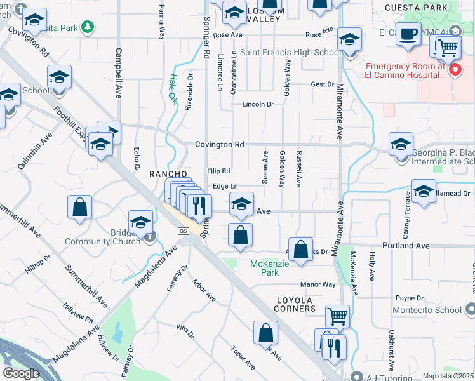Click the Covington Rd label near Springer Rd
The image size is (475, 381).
tap(220, 145)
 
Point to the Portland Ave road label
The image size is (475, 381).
tap(407, 246)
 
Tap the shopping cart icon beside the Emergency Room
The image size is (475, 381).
tap(448, 46)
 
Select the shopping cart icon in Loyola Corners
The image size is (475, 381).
tap(337, 316)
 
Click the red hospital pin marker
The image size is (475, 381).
tap(455, 70)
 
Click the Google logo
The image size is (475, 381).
tap(21, 373)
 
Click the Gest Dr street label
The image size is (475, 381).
tap(322, 84)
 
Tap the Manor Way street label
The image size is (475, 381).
tap(318, 285)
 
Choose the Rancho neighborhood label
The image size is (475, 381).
tap(168, 174)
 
